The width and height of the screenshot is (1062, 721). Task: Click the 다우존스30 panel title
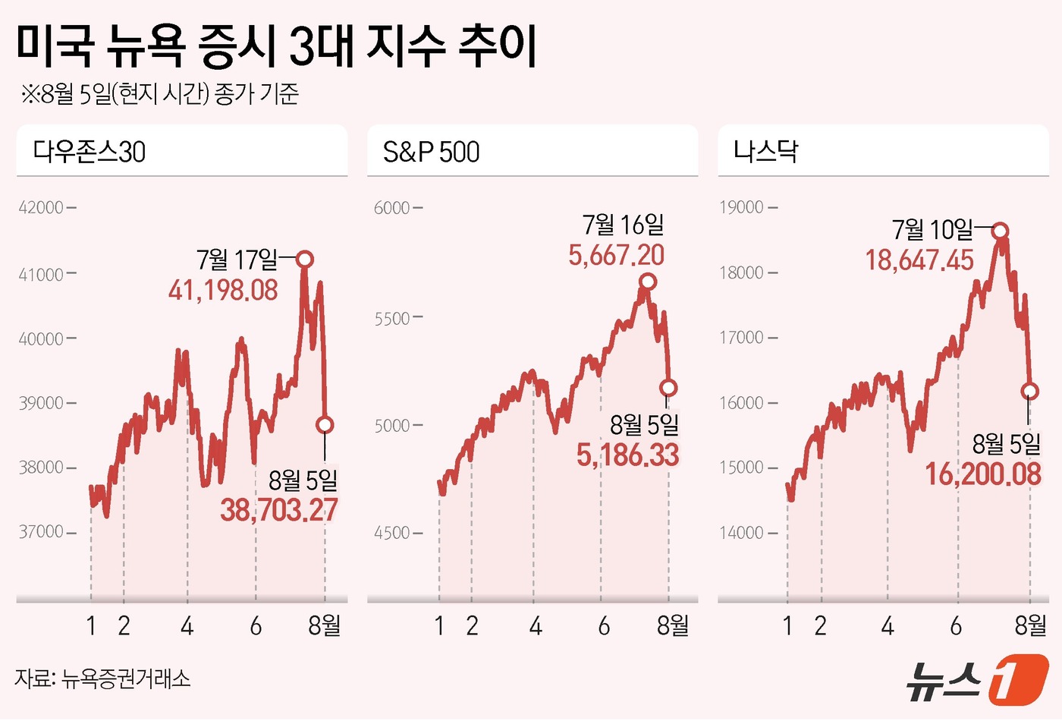point(90,152)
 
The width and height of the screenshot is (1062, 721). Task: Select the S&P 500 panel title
point(431,152)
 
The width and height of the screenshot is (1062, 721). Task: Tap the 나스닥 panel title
point(765,151)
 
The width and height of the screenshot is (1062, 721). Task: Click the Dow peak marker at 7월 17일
point(304,260)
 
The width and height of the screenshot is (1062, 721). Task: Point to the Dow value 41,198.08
point(223,290)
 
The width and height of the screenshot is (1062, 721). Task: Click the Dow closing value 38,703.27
point(279,510)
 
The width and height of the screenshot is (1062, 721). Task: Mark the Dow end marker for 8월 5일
point(325,425)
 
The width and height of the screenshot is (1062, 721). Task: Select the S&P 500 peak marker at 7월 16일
point(647,282)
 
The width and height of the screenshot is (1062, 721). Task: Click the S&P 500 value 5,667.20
point(617,255)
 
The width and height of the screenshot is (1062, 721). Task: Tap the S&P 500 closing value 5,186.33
point(627,455)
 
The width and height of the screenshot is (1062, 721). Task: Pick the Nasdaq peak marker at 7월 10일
point(1001,231)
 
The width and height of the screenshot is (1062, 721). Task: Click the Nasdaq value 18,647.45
point(919,260)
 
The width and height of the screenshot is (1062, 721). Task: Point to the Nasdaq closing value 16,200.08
point(983,474)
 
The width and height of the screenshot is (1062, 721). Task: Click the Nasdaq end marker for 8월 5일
point(1029,392)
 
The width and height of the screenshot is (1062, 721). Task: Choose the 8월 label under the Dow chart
point(325,625)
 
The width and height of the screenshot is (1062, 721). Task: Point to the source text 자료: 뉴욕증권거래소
point(102,678)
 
